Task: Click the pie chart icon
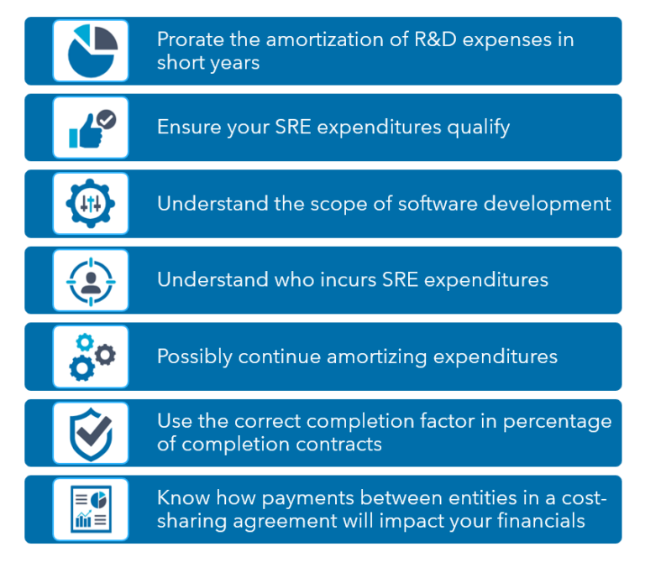[x=91, y=51]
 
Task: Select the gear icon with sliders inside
[x=91, y=204]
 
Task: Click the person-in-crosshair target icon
[x=91, y=280]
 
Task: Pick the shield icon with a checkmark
[x=91, y=433]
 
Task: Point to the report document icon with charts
[x=91, y=509]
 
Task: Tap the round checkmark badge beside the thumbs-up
[x=106, y=118]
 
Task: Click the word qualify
[x=478, y=127]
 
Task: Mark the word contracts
[x=340, y=444]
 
